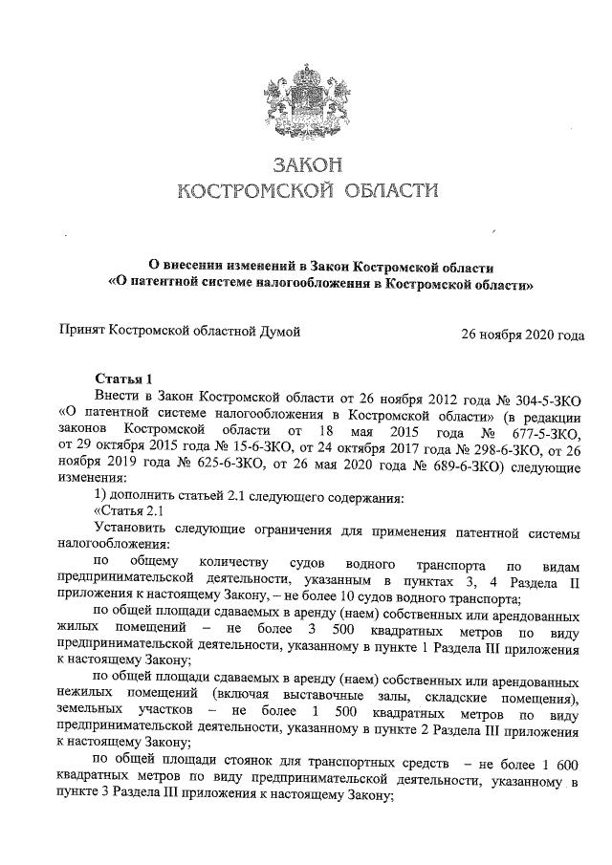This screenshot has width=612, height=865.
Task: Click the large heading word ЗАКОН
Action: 306,164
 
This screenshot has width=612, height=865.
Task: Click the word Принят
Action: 83,332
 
